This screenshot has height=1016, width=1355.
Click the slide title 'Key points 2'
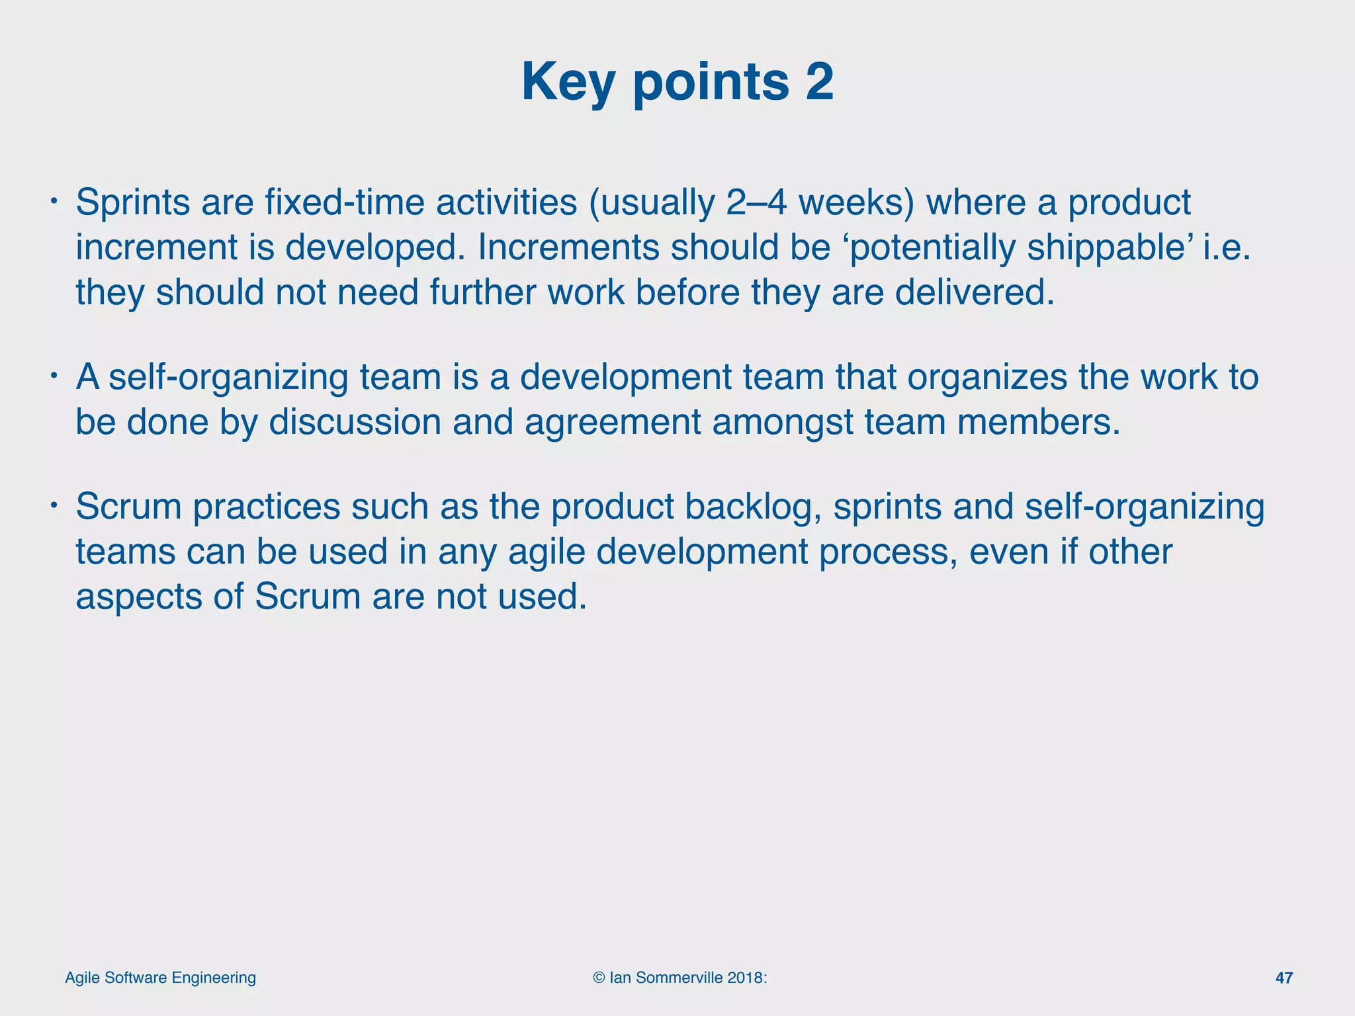tap(677, 82)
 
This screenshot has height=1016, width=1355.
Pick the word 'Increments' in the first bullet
tap(568, 247)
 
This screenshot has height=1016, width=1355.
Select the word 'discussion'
tap(355, 422)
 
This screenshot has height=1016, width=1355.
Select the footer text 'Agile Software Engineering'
tap(160, 978)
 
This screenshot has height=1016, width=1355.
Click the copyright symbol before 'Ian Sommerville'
tap(599, 978)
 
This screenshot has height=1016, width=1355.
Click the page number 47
tap(1284, 978)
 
